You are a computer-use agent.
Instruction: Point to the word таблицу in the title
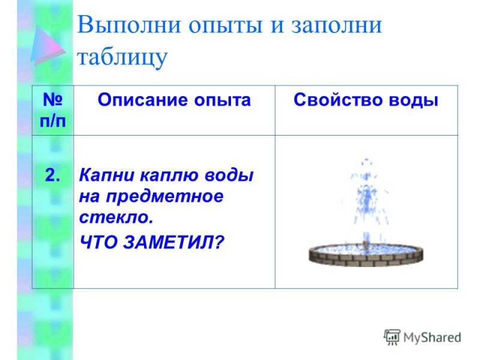(122, 58)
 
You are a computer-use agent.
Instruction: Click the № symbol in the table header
(53, 99)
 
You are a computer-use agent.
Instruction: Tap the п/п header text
(53, 122)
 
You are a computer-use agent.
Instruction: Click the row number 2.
(52, 175)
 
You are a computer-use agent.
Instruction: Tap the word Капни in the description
(107, 175)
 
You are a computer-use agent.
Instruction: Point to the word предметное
(164, 197)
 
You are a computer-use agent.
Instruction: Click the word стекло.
(116, 217)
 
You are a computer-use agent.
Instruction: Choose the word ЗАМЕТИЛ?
(174, 242)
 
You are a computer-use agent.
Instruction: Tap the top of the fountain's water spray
(366, 161)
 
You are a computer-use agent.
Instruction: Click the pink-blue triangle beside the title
(47, 45)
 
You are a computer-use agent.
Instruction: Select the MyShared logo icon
(392, 337)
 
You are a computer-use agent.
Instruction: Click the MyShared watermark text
(432, 338)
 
